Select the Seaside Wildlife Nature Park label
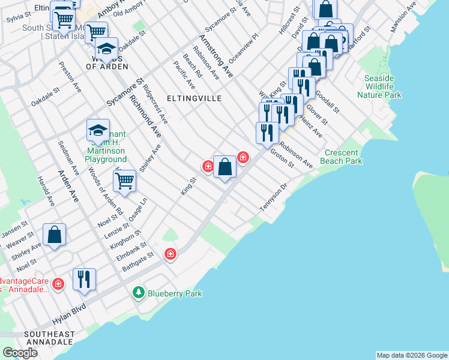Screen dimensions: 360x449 tap(379, 86)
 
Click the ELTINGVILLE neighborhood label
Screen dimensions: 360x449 tap(194, 98)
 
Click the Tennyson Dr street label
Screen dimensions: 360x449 tap(274, 196)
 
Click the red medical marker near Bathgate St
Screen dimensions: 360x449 tap(171, 254)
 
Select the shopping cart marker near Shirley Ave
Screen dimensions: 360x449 tap(124, 181)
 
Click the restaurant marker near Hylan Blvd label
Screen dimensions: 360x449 tap(84, 279)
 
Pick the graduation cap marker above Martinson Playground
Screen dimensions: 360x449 tap(98, 130)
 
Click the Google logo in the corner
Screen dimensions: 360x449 tap(20, 353)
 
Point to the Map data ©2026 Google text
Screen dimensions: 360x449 tap(412, 355)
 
